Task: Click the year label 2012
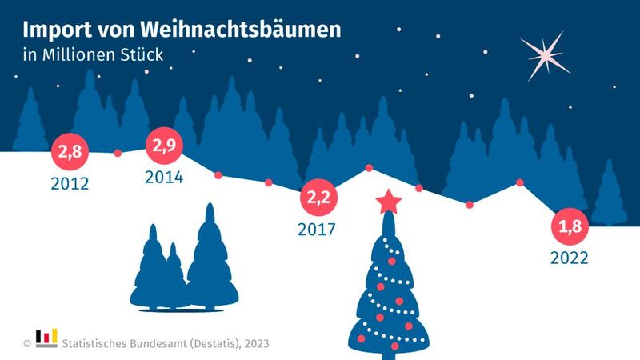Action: [x=70, y=184]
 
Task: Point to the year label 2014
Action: [x=164, y=178]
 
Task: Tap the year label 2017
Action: [x=316, y=230]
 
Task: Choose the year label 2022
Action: [x=570, y=258]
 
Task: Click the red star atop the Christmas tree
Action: [x=389, y=202]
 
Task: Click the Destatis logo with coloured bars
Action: [x=46, y=338]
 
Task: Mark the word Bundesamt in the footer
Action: [x=158, y=343]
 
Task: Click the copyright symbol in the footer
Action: [x=26, y=343]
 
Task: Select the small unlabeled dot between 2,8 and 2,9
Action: [x=118, y=153]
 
